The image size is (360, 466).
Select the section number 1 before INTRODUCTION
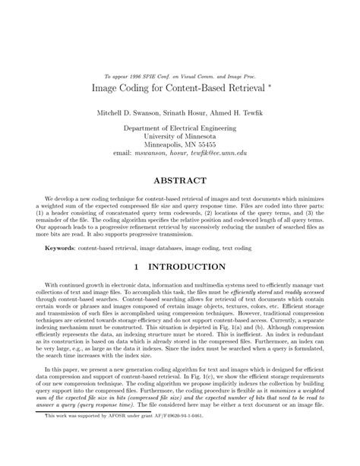pyautogui.click(x=136, y=267)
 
